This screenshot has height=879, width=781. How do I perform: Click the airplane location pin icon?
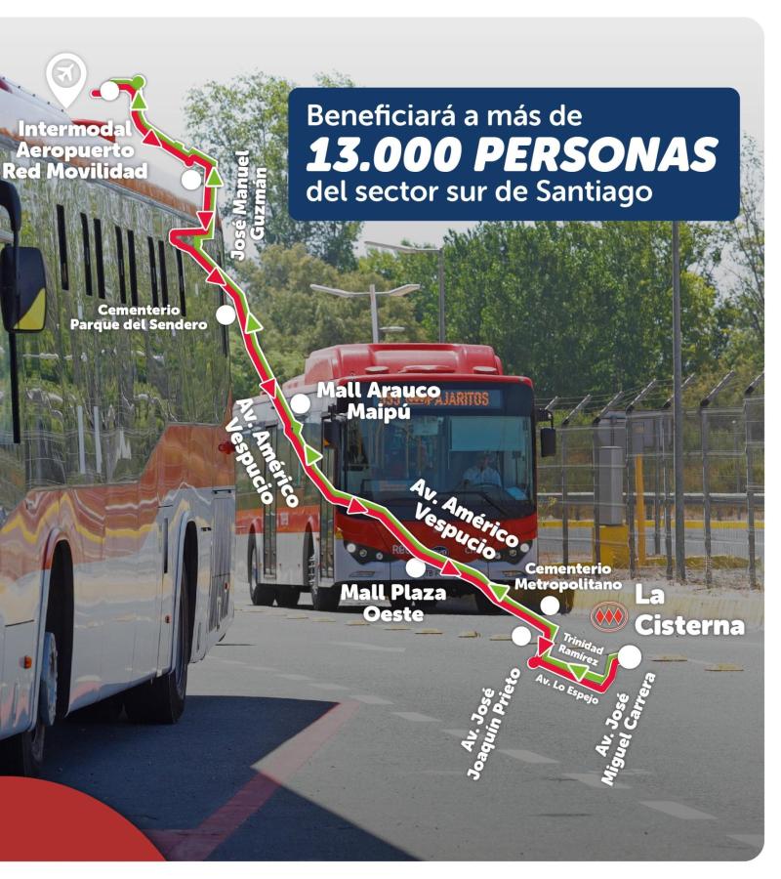tap(66, 75)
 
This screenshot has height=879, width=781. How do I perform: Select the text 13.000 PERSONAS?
tap(513, 153)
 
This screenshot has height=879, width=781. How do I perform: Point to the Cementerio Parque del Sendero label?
tap(139, 315)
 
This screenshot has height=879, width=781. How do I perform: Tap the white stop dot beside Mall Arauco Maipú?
tap(300, 402)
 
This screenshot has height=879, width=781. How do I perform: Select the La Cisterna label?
tap(689, 610)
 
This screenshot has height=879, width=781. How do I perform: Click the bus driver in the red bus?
tap(480, 472)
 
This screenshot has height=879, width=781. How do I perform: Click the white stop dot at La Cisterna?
tap(630, 657)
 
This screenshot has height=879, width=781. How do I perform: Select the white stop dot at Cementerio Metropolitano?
tap(551, 606)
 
